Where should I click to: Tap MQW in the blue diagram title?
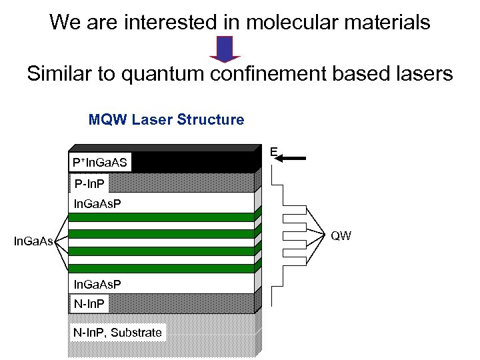point(108,120)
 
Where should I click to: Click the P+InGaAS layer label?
point(101,162)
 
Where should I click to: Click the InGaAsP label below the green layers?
point(97,285)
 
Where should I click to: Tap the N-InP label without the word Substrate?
point(89,304)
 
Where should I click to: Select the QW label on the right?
point(341,236)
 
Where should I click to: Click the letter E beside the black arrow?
point(274,153)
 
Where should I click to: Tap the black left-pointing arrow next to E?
point(292,159)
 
